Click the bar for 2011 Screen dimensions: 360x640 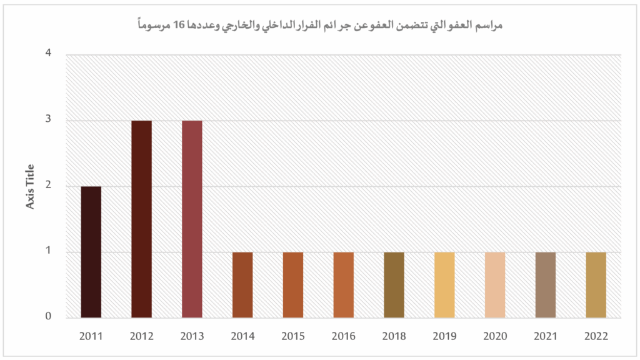(x=91, y=252)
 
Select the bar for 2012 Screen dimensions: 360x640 (x=141, y=219)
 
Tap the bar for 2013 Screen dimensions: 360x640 (x=192, y=219)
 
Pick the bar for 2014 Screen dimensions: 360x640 (x=242, y=285)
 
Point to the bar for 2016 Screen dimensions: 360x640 (x=343, y=285)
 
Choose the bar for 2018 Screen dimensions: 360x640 (x=394, y=285)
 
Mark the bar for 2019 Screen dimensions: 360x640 (x=444, y=285)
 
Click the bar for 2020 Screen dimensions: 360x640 (x=494, y=285)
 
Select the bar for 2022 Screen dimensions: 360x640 (x=596, y=285)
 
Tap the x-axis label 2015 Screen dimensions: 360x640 (x=293, y=336)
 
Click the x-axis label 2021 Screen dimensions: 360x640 (x=545, y=336)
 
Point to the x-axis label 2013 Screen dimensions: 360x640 (x=192, y=336)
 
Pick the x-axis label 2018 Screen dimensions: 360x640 (x=394, y=336)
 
